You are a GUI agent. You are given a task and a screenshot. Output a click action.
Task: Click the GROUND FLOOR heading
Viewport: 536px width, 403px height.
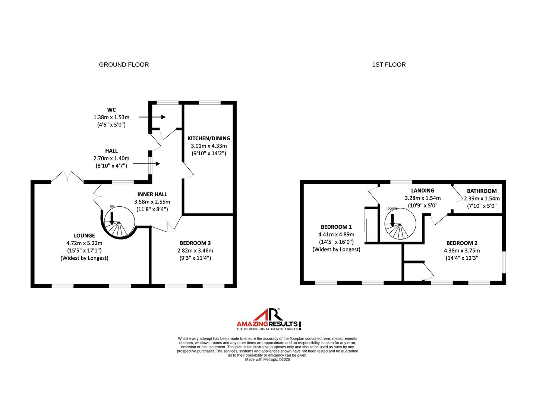pos(124,65)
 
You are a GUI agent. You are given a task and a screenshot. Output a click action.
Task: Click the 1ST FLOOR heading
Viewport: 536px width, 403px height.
pos(389,65)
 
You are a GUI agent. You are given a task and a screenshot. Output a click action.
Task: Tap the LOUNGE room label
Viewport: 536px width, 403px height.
pos(84,235)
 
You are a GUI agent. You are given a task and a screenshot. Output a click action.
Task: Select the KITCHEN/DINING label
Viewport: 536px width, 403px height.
pos(209,138)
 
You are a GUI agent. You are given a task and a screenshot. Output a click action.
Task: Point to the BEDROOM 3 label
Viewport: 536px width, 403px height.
pos(195,243)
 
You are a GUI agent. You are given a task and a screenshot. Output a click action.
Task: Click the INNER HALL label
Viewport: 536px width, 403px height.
pos(152,194)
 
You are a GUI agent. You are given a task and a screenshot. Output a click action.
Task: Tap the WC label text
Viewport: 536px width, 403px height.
pos(111,110)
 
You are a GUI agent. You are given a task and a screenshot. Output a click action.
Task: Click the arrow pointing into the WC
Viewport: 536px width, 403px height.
pos(152,117)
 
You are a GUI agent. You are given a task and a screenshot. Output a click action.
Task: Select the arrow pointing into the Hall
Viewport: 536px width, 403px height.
pos(146,164)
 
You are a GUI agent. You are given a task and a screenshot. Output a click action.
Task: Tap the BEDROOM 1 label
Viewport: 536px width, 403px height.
pos(336,227)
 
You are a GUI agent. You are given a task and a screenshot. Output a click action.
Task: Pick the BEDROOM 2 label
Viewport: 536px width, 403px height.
pos(462,243)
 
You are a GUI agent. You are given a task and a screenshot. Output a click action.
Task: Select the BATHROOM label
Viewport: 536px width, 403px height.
pos(482,191)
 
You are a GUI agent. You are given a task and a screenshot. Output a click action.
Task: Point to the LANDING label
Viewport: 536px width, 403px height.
pos(423,190)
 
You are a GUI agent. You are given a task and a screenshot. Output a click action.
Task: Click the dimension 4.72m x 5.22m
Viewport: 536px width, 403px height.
pos(84,243)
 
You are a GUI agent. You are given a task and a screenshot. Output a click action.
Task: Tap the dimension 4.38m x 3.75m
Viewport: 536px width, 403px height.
pos(462,250)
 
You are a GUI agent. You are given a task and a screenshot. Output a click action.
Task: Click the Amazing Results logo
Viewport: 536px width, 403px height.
pos(269,319)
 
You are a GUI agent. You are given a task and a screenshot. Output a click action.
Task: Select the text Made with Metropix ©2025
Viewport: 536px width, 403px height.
pos(267,359)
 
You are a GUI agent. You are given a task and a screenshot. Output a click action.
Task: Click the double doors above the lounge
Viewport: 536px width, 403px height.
pos(67,176)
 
